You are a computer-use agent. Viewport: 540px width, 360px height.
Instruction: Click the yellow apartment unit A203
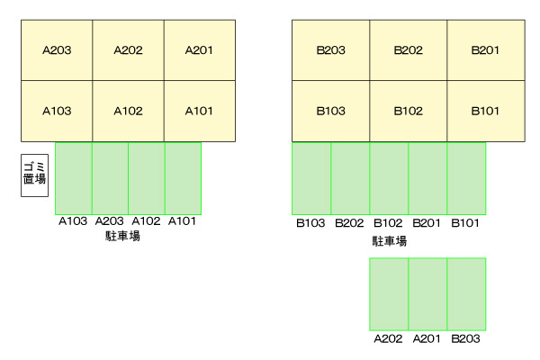57,50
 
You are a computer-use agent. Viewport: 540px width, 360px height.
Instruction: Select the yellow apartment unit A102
128,112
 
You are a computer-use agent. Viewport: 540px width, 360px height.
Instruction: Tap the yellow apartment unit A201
199,50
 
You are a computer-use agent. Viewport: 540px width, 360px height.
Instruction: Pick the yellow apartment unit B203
330,50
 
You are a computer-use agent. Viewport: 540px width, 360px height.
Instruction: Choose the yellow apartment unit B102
408,112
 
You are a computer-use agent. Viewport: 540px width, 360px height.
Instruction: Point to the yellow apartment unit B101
485,112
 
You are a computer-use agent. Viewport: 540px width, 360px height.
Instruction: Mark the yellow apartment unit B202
408,50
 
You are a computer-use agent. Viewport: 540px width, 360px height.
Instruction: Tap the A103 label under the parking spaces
72,221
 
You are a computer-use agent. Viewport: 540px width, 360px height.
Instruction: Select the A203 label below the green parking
109,221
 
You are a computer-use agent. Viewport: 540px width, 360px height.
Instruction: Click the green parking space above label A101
183,177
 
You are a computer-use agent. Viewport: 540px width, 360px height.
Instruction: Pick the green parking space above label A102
146,177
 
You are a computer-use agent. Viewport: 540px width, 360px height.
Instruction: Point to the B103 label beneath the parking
311,223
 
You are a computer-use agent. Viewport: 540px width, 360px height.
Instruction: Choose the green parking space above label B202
350,177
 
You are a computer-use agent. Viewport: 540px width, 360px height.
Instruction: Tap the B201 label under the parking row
427,223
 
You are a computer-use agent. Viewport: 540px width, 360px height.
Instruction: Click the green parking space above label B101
466,177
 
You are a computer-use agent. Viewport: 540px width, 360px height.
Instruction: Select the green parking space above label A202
389,293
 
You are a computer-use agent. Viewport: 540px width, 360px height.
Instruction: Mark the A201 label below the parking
427,339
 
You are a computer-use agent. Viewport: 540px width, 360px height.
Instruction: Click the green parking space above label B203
466,293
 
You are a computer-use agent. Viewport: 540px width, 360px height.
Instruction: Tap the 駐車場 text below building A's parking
122,236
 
